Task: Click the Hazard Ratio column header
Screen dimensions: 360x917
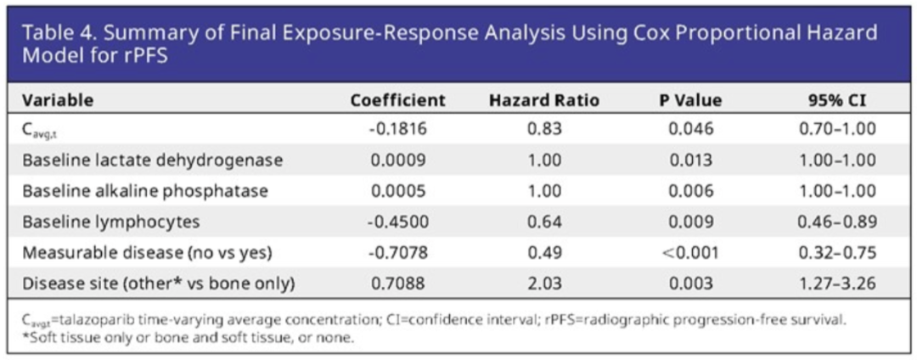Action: pos(543,100)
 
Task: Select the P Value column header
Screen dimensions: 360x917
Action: pos(690,100)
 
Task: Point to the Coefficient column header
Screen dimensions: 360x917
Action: pos(398,100)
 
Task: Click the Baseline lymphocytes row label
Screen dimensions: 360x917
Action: pos(111,222)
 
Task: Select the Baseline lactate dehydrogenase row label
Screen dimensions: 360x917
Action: pos(153,160)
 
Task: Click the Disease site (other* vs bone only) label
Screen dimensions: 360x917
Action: pos(159,283)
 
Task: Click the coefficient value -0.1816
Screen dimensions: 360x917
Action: pos(398,129)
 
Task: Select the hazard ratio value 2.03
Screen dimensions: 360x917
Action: pos(543,283)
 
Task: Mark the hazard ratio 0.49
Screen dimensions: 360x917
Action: pos(543,252)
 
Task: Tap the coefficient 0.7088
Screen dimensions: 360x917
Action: pos(398,283)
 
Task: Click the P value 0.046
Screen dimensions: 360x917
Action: pos(690,129)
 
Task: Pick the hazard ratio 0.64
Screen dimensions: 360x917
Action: pos(543,222)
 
